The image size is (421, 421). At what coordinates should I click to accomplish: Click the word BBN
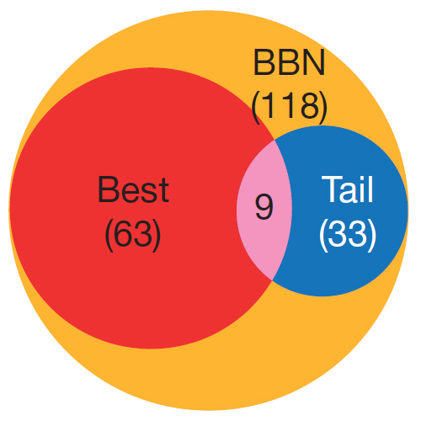point(289,62)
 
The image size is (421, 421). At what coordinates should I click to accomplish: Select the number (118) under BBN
point(290,108)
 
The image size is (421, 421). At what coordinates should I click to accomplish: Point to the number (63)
point(133,234)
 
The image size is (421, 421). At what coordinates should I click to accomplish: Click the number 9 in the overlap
point(264,207)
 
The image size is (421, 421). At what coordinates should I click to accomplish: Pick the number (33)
point(348,234)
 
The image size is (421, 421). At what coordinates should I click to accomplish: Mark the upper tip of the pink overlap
point(274,140)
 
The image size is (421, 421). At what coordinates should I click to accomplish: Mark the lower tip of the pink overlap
point(272,280)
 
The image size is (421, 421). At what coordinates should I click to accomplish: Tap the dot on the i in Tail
point(360,178)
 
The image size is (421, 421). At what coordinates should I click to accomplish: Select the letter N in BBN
point(314,62)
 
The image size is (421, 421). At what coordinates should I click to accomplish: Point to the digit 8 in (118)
point(311,105)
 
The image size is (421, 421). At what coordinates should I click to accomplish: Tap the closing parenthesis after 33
point(372,234)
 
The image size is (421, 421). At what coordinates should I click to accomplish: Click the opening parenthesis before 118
point(255,108)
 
